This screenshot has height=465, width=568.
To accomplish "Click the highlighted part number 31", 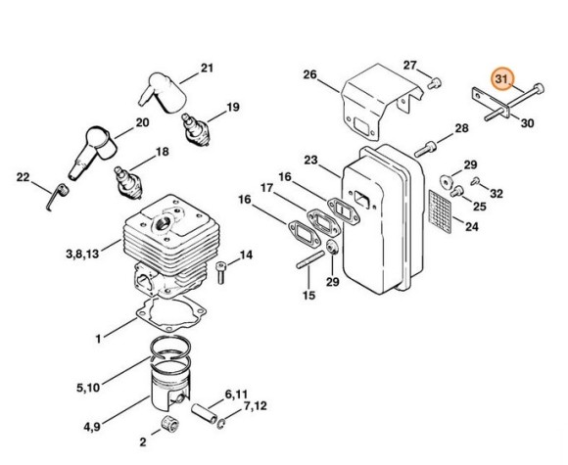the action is (x=502, y=78).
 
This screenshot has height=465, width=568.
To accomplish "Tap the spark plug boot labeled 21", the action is (x=163, y=93).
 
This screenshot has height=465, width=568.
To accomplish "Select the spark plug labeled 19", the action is (x=196, y=130).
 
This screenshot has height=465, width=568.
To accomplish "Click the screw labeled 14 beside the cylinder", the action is (x=221, y=272).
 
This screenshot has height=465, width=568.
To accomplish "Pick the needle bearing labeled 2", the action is (x=169, y=424).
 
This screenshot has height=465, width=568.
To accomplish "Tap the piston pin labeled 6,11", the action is (x=204, y=413).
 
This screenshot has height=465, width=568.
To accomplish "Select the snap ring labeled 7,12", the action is (x=222, y=424).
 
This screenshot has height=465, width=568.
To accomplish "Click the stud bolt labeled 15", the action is (x=310, y=259).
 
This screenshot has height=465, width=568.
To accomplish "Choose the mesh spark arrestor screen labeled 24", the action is (x=440, y=211).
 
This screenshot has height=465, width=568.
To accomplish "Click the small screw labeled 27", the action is (x=434, y=83).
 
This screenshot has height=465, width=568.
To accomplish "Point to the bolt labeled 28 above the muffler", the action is (x=425, y=149).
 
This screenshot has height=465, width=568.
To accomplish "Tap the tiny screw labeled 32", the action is (x=475, y=181).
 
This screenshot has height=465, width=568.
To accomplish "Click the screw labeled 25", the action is (x=457, y=191).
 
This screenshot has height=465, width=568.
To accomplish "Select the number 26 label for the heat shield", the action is (x=310, y=75).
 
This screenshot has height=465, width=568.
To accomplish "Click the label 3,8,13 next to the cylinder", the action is (x=82, y=254).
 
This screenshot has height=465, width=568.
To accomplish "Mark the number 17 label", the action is (x=267, y=188).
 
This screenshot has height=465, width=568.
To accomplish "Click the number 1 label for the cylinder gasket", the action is (x=99, y=339).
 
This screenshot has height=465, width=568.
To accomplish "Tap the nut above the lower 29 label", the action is (x=332, y=248).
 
